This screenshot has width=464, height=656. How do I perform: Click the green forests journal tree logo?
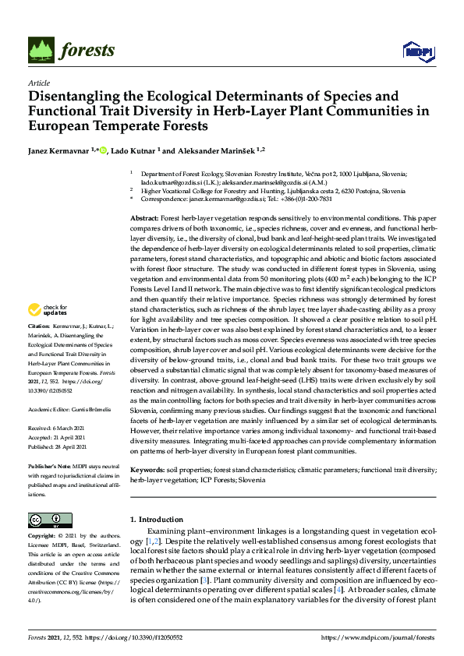pyautogui.click(x=43, y=51)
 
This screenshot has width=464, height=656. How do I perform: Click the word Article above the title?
pyautogui.click(x=39, y=83)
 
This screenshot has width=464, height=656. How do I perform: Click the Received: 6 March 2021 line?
pyautogui.click(x=57, y=427)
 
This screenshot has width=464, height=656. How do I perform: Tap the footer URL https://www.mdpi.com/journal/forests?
pyautogui.click(x=377, y=637)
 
